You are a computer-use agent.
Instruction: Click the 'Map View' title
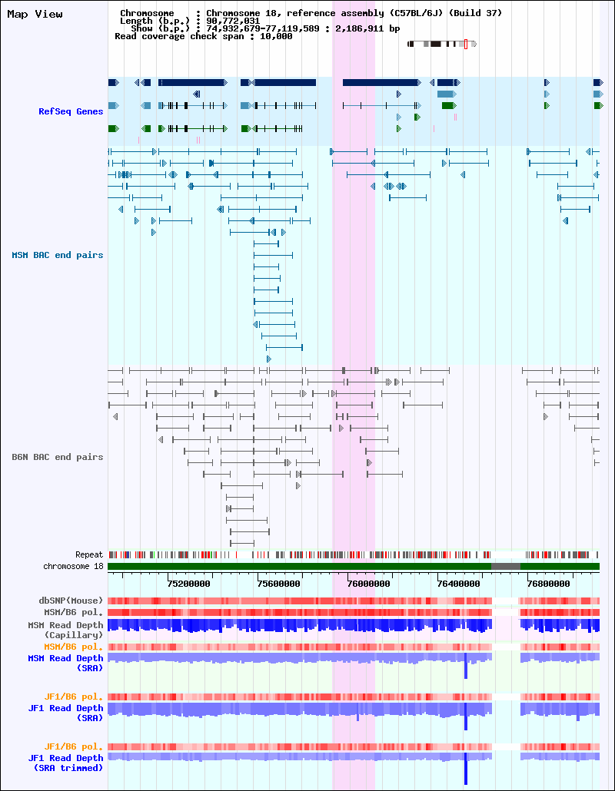coord(35,14)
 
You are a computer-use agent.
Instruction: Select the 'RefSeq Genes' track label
coord(71,111)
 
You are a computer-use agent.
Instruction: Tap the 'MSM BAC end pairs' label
coord(58,255)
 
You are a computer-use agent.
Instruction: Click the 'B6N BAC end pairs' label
coord(58,457)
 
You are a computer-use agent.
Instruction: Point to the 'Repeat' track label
coord(89,555)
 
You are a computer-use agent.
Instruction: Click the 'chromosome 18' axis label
coord(73,567)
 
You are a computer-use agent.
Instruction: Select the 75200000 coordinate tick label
coord(189,584)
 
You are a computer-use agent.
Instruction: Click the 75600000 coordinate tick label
coord(279,584)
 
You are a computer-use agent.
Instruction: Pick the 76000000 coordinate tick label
coord(368,584)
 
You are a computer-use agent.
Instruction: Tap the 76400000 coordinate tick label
coord(458,584)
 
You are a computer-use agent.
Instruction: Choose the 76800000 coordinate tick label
coord(548,584)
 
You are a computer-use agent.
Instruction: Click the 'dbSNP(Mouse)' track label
coord(71,601)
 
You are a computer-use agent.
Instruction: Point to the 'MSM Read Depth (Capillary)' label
coord(65,630)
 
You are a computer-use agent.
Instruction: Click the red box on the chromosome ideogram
coord(466,44)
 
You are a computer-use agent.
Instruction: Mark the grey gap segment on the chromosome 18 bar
coord(506,567)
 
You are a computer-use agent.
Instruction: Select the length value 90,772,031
coord(233,22)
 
